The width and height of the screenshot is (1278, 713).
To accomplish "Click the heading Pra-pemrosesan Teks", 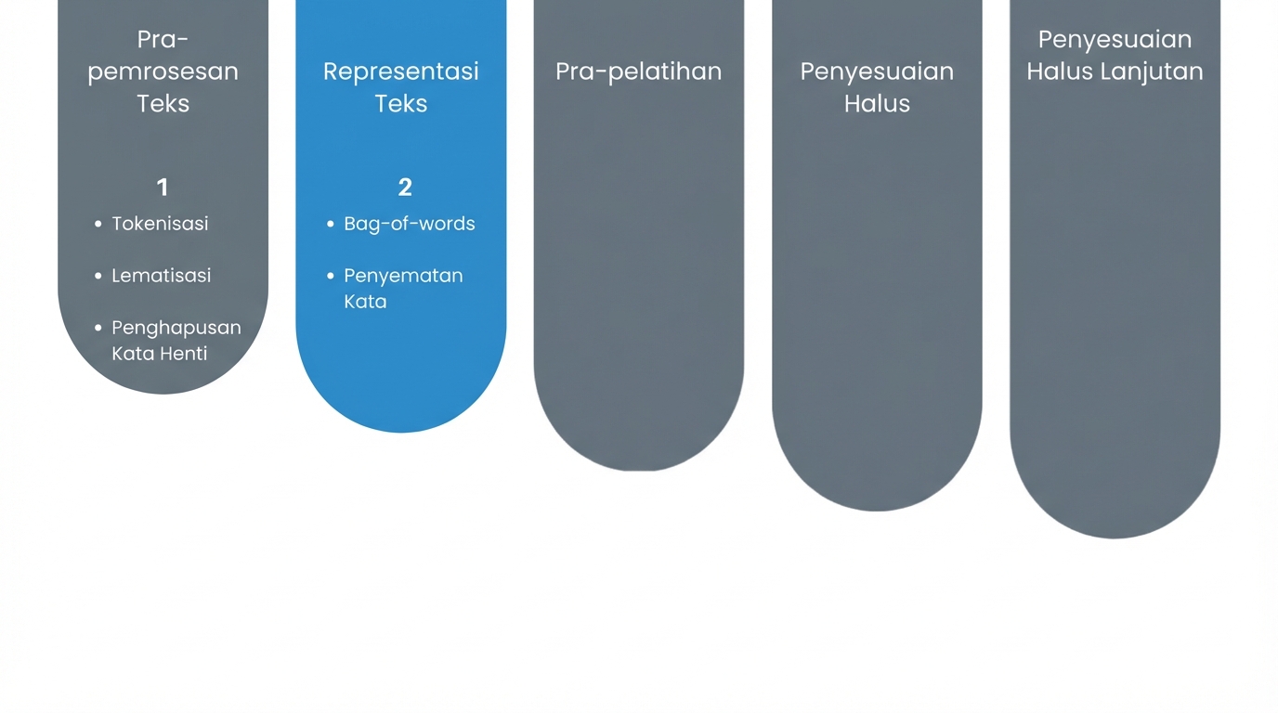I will (163, 71).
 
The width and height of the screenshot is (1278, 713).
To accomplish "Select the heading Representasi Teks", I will (401, 87).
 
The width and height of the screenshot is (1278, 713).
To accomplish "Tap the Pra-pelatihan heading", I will (639, 71).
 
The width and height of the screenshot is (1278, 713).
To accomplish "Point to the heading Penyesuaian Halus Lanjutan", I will (1115, 56).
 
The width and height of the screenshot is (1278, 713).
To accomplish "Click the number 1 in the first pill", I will (163, 188).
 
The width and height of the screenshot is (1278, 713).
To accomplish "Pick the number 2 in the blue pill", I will (405, 188).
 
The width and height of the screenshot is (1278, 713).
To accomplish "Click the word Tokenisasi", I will (160, 224).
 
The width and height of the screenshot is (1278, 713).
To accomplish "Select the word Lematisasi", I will (162, 276).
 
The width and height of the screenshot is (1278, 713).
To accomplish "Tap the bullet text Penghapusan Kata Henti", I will (176, 341).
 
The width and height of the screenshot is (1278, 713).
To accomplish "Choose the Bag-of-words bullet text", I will (410, 224).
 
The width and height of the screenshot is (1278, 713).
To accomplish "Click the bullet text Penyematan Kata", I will (403, 289).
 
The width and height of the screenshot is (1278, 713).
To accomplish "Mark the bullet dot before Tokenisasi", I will (98, 224).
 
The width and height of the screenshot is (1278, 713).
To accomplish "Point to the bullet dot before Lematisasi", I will (98, 276).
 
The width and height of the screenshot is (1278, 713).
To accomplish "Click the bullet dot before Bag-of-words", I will (331, 224).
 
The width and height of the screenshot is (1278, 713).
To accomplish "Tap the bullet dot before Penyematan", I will (331, 276).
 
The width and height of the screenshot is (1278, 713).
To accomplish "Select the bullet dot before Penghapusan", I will (98, 328).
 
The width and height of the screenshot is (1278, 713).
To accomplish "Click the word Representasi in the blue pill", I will (401, 71).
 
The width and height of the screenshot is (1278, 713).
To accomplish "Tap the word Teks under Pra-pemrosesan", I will (163, 103).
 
